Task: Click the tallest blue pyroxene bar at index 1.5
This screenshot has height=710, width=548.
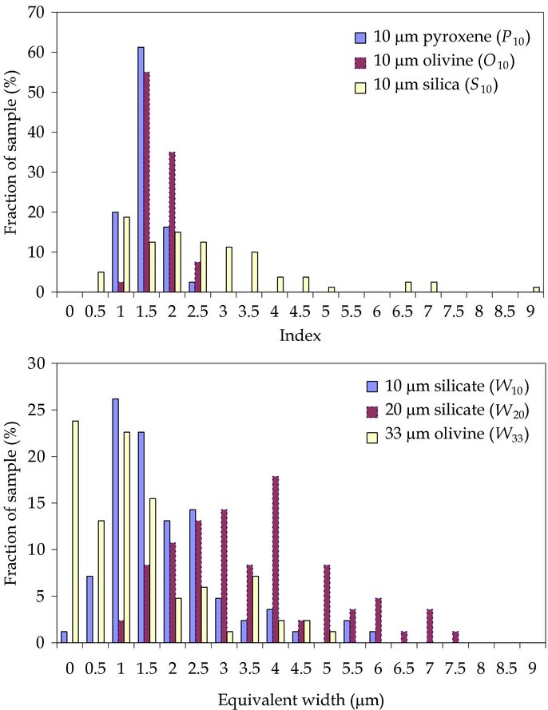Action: [x=141, y=169]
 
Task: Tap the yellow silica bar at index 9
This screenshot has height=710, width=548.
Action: [x=537, y=289]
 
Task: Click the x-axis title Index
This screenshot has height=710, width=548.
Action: [x=300, y=336]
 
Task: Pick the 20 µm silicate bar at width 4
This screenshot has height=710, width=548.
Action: [x=275, y=559]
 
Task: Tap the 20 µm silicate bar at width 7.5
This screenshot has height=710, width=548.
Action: [x=455, y=637]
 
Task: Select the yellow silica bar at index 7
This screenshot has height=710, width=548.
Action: [x=434, y=287]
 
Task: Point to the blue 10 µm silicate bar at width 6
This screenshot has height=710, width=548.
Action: [x=371, y=637]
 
